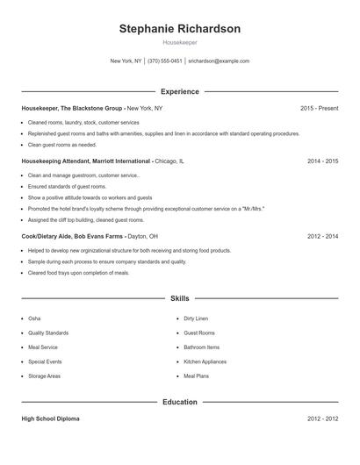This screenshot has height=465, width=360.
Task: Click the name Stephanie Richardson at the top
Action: pyautogui.click(x=179, y=29)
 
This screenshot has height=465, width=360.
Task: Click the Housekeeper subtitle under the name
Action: pyautogui.click(x=179, y=42)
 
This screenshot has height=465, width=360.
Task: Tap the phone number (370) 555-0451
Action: pyautogui.click(x=165, y=61)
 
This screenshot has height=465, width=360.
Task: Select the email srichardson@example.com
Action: pyautogui.click(x=219, y=61)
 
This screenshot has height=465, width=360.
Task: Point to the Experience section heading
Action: pyautogui.click(x=179, y=91)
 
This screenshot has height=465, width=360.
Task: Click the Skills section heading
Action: pyautogui.click(x=179, y=298)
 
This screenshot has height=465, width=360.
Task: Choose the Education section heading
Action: pyautogui.click(x=179, y=402)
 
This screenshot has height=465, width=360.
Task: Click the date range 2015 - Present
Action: pyautogui.click(x=319, y=108)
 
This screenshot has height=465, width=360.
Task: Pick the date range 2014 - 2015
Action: pyautogui.click(x=322, y=161)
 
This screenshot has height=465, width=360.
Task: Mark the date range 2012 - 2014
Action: pyautogui.click(x=322, y=236)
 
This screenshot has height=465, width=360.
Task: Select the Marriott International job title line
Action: pyautogui.click(x=87, y=161)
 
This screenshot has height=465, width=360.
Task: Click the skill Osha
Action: pyautogui.click(x=34, y=318)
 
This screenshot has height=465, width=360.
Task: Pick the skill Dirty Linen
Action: pyautogui.click(x=195, y=318)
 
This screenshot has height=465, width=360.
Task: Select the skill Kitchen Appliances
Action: pyautogui.click(x=205, y=361)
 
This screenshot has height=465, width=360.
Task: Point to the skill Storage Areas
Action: pyautogui.click(x=44, y=376)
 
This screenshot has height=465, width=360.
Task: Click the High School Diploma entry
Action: pyautogui.click(x=50, y=418)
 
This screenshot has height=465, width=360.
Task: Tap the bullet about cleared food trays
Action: pyautogui.click(x=78, y=273)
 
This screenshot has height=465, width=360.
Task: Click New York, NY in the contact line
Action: pyautogui.click(x=126, y=61)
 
